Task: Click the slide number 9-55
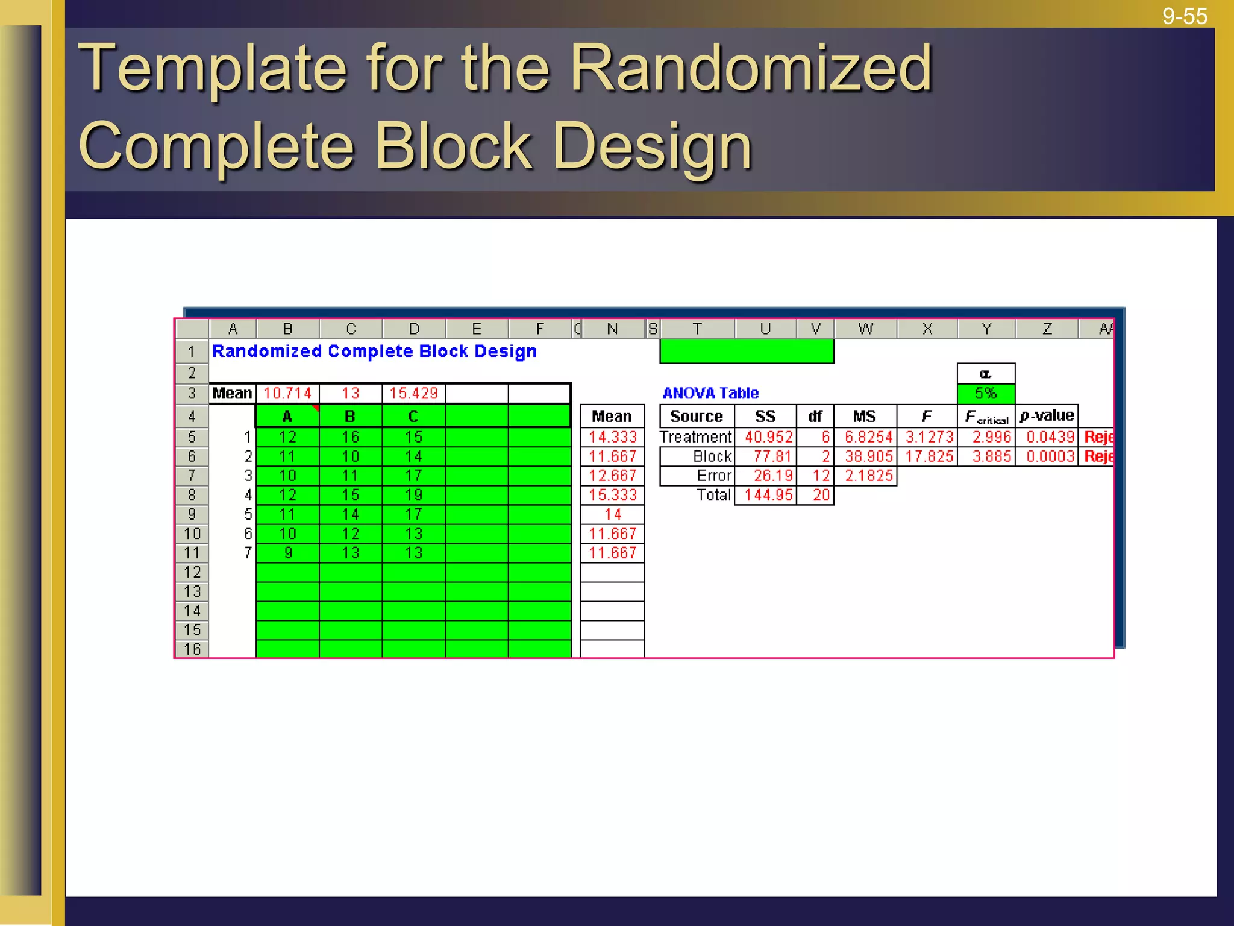click(x=1184, y=16)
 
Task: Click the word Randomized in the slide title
click(x=750, y=68)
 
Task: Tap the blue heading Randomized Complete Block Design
click(x=374, y=351)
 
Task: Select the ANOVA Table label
click(x=710, y=393)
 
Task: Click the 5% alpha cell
click(x=985, y=393)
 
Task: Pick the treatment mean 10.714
click(x=287, y=393)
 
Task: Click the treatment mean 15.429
click(x=413, y=393)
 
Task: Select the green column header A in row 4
click(x=287, y=416)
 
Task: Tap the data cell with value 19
click(x=413, y=495)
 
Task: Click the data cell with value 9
click(x=287, y=553)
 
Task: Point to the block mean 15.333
click(x=612, y=495)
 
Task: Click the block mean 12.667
click(x=612, y=476)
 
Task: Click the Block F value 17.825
click(x=929, y=456)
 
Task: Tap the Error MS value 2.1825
click(x=868, y=476)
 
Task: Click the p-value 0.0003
click(x=1050, y=456)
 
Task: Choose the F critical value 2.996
click(x=991, y=436)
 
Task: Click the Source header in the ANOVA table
click(x=696, y=416)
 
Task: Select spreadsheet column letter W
click(x=865, y=329)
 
